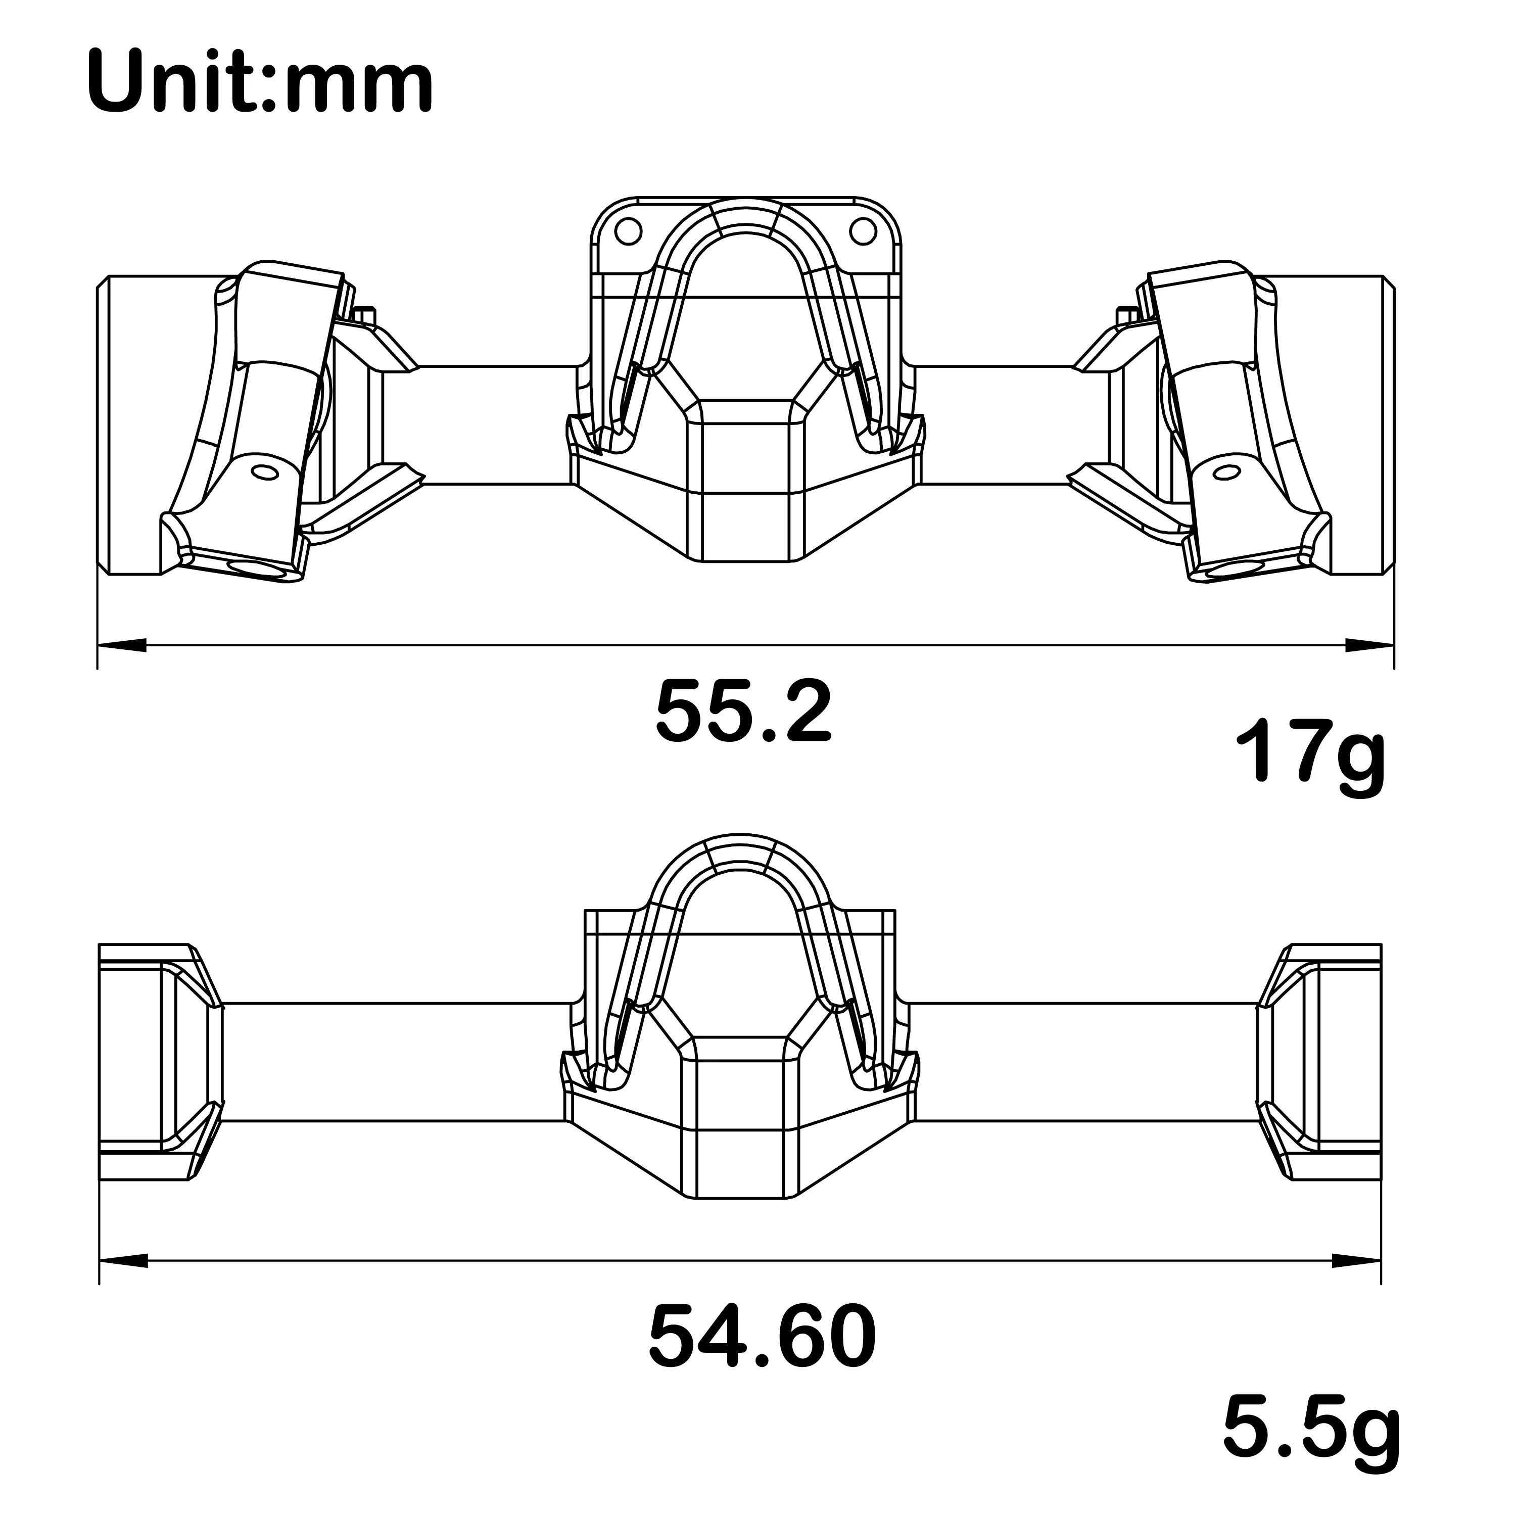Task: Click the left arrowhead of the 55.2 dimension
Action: pyautogui.click(x=122, y=645)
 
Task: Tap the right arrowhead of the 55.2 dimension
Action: pyautogui.click(x=1369, y=645)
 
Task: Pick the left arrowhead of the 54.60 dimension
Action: pyautogui.click(x=123, y=1284)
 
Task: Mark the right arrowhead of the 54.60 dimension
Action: pyautogui.click(x=1357, y=1284)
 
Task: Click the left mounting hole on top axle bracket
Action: pyautogui.click(x=629, y=231)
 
